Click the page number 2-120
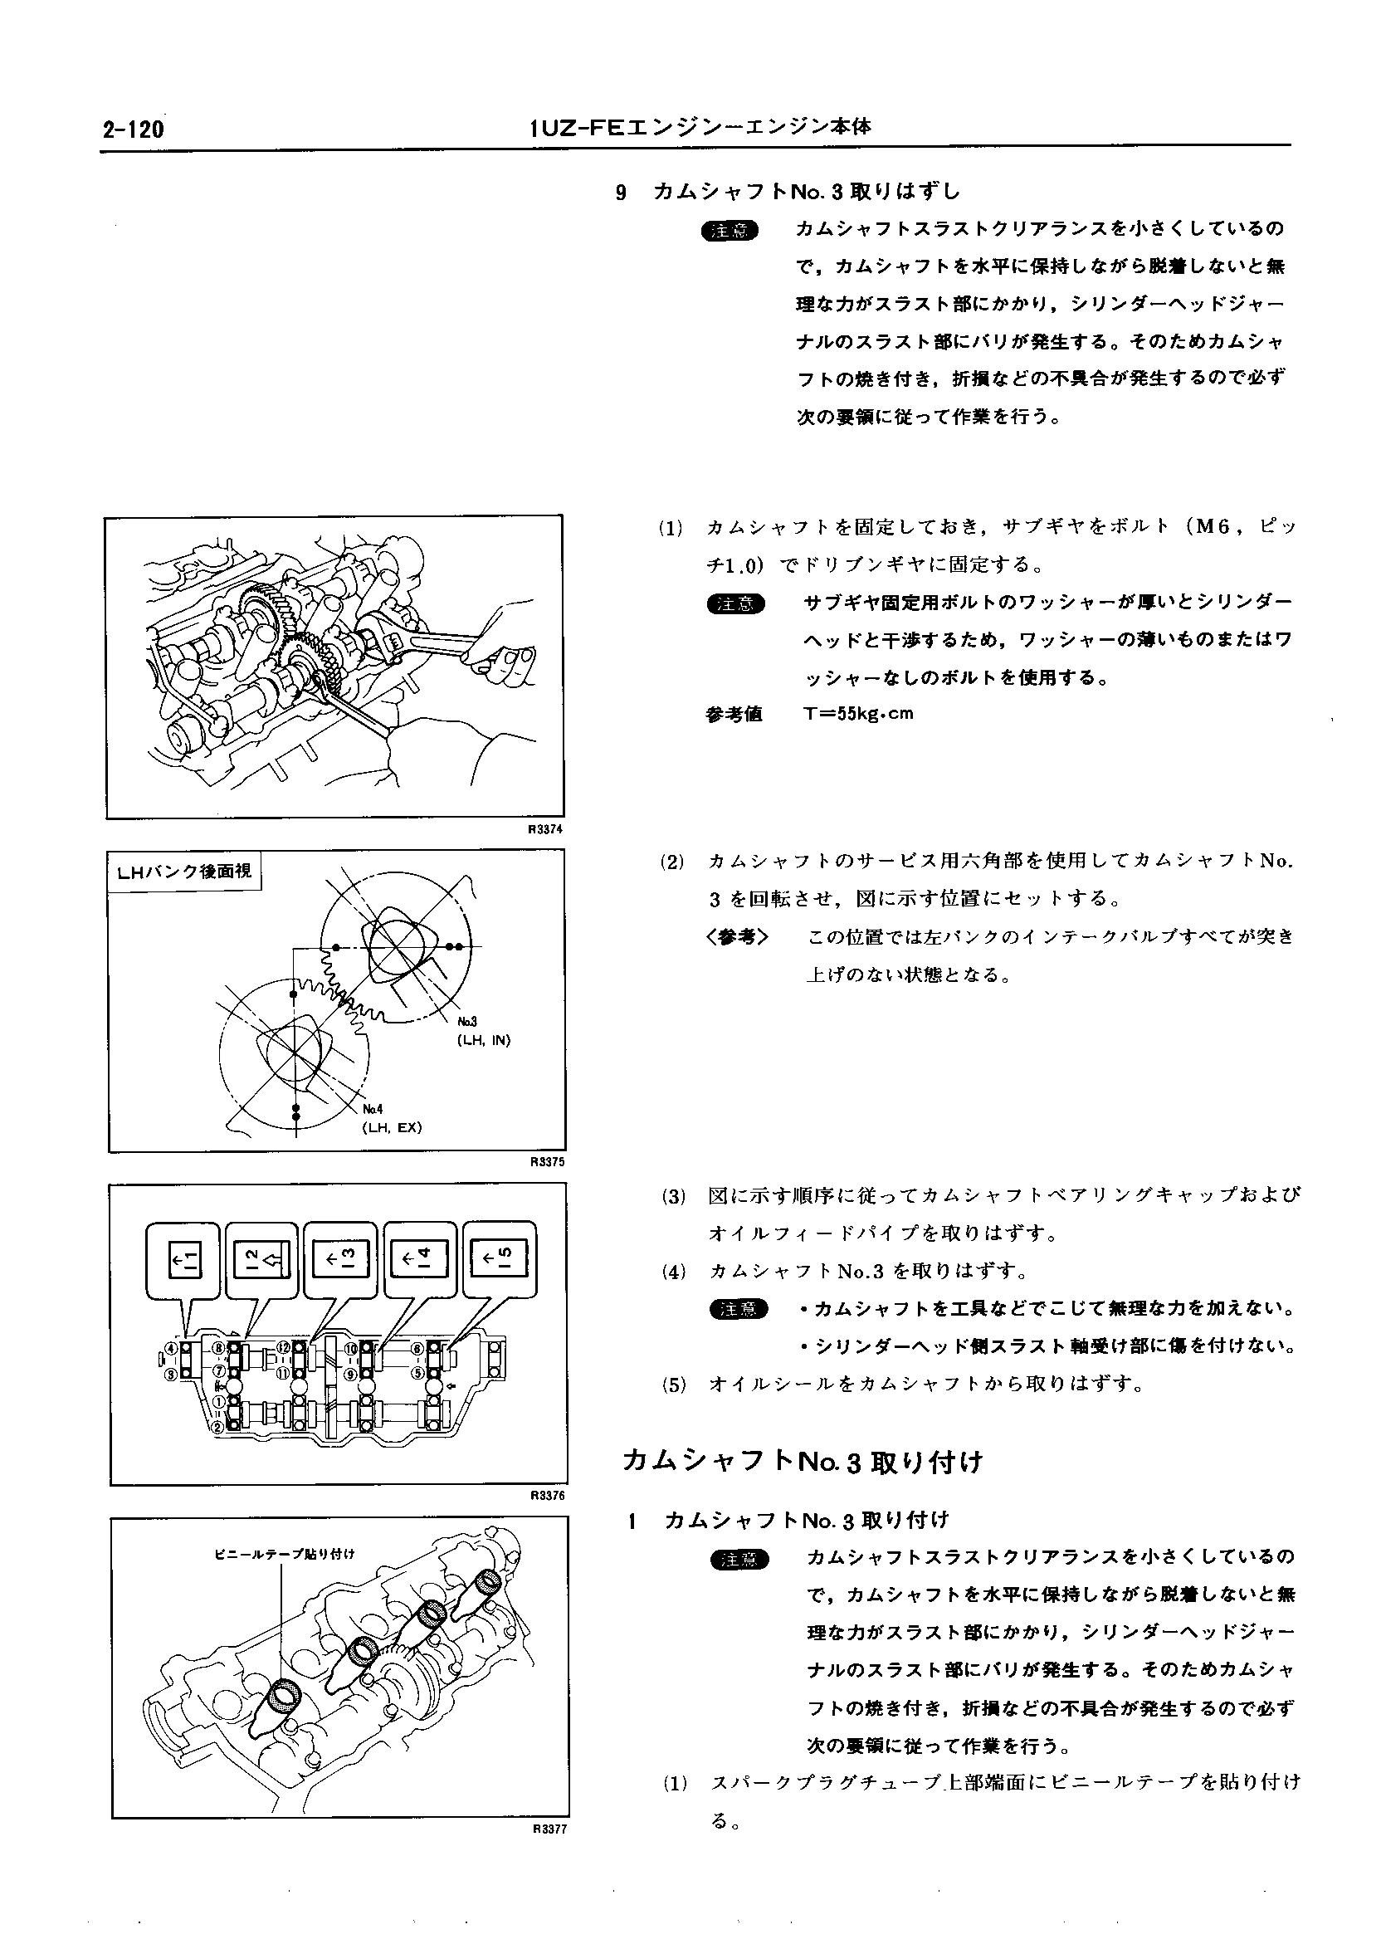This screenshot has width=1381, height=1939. pyautogui.click(x=132, y=130)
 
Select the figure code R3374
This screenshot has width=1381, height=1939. pyautogui.click(x=545, y=829)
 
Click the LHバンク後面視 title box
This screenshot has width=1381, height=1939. pyautogui.click(x=184, y=872)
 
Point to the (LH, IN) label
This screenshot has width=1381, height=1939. pyautogui.click(x=483, y=1039)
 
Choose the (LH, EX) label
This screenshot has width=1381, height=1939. pyautogui.click(x=392, y=1128)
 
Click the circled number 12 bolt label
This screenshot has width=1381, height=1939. pyautogui.click(x=284, y=1347)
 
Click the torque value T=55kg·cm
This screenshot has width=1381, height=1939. pyautogui.click(x=858, y=714)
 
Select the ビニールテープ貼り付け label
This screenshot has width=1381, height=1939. pyautogui.click(x=284, y=1554)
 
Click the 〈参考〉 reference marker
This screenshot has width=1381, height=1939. pyautogui.click(x=736, y=937)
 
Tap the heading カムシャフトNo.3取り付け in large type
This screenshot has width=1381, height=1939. pyautogui.click(x=802, y=1462)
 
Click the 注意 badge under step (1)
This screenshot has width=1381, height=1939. pyautogui.click(x=736, y=603)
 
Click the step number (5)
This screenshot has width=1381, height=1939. pyautogui.click(x=674, y=1385)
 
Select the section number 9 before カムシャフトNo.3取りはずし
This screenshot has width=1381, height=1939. pyautogui.click(x=621, y=193)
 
